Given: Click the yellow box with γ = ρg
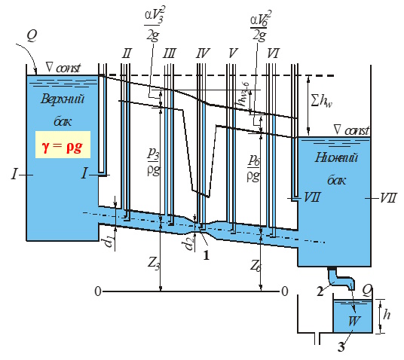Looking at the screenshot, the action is click(x=63, y=145).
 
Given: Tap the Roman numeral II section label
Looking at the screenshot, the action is click(x=127, y=53).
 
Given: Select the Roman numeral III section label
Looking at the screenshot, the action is click(x=170, y=53).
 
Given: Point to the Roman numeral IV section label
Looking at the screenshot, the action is click(x=203, y=53).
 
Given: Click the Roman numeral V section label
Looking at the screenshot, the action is click(x=233, y=53).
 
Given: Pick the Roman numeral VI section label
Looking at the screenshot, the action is click(x=273, y=53).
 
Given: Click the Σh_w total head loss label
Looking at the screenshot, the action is click(x=322, y=100).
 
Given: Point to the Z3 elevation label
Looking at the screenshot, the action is click(x=154, y=264).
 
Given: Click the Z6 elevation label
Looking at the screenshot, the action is click(x=256, y=266).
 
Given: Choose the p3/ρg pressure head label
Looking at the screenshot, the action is click(x=154, y=163).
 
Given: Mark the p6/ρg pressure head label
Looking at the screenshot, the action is click(x=253, y=169).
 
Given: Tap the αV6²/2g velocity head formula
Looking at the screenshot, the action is click(x=261, y=26).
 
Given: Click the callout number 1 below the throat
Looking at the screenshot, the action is click(x=206, y=255).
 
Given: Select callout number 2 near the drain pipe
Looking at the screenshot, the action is click(x=320, y=291).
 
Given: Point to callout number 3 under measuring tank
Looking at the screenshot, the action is click(x=341, y=347).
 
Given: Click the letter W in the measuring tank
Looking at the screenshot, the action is click(x=354, y=321).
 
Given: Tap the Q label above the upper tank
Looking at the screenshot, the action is click(x=32, y=36).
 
